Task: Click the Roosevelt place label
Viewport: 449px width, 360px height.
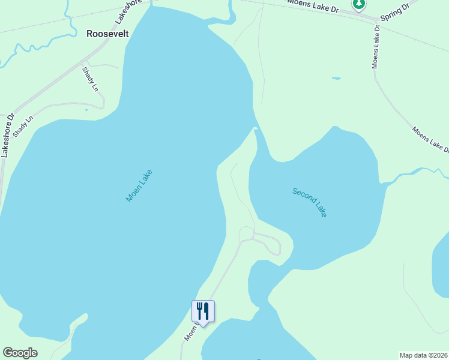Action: click(x=107, y=34)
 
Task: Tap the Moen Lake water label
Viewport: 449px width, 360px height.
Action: click(x=139, y=186)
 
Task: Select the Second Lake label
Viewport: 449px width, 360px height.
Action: click(x=310, y=202)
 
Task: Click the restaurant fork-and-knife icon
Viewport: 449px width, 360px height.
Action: click(x=203, y=311)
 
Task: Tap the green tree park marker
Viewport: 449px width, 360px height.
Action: click(x=359, y=5)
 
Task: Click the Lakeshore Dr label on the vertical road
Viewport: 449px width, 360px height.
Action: click(x=6, y=136)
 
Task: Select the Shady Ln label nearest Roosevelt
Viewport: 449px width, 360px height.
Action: click(x=90, y=79)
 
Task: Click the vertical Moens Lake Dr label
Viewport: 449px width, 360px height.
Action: click(x=376, y=49)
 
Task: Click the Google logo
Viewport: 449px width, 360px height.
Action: click(x=20, y=353)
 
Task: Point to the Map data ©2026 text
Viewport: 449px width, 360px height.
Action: click(x=423, y=355)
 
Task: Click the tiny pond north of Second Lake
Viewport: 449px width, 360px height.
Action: click(x=336, y=78)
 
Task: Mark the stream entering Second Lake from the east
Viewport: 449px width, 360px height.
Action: click(x=414, y=173)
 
